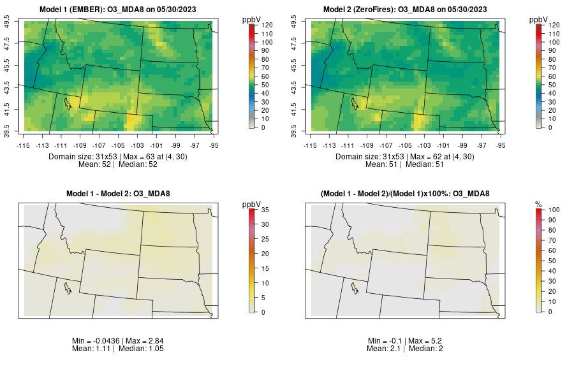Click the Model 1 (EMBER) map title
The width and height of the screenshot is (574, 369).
tap(121, 10)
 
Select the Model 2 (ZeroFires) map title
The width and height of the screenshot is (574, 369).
tap(407, 10)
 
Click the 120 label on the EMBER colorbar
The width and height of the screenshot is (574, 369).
tap(268, 25)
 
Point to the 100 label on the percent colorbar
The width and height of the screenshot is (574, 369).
tap(554, 210)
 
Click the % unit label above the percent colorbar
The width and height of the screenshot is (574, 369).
tap(538, 204)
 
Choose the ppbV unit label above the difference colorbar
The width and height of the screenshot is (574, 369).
tap(252, 204)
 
